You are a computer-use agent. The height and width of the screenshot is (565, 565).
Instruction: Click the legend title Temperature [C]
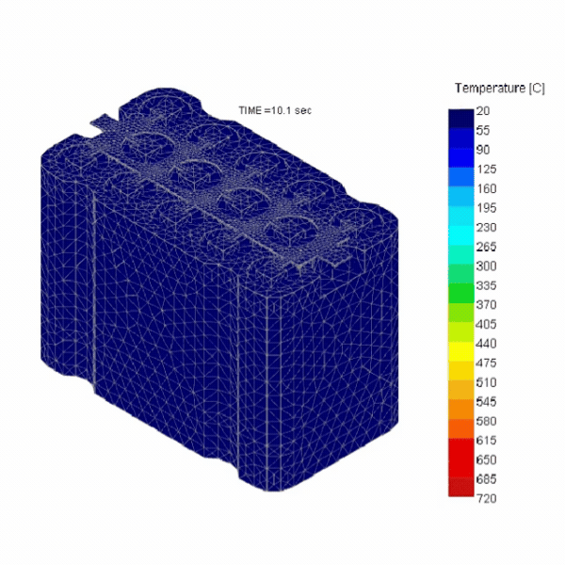point(499,89)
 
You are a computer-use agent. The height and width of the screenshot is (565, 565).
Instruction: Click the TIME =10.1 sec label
point(275,110)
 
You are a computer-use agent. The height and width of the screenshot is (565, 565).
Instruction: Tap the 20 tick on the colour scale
point(483,111)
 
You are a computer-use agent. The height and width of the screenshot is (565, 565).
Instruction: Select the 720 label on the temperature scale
point(487,499)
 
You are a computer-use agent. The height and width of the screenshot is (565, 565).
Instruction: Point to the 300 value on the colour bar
point(487,266)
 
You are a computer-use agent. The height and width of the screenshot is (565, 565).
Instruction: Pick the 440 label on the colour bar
point(487,344)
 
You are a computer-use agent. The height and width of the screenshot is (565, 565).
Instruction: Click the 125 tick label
point(487,169)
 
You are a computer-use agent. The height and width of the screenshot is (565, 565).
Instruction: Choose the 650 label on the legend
point(487,460)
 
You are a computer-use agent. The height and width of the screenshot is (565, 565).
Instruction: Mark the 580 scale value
point(487,421)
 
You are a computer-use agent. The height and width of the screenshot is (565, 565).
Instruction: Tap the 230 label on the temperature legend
point(487,228)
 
